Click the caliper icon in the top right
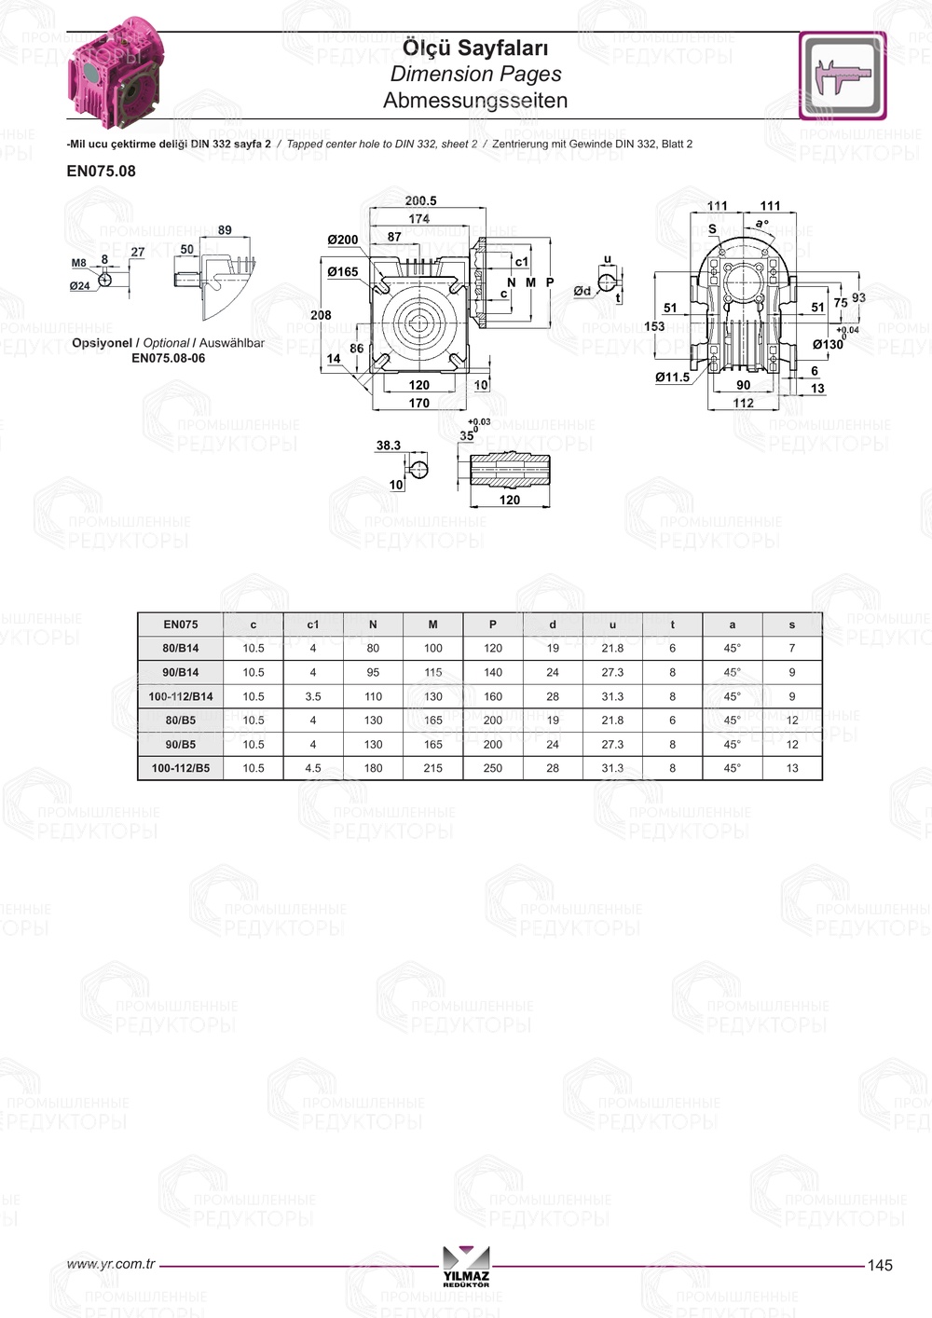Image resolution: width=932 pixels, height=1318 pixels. tap(843, 76)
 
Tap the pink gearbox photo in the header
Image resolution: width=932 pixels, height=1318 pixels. tap(116, 73)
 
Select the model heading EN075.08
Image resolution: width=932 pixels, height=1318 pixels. tap(102, 172)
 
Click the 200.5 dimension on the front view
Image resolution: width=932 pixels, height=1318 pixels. tap(420, 200)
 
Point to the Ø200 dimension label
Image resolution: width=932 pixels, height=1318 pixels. tap(343, 240)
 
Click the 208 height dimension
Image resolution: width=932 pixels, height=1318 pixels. tap(321, 315)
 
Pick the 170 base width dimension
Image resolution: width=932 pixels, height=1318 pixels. tap(418, 403)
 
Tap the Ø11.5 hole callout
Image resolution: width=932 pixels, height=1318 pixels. tap(673, 378)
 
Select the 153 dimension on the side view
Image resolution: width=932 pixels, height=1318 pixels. tap(654, 326)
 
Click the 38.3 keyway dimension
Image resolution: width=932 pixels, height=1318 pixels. tap(389, 446)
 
